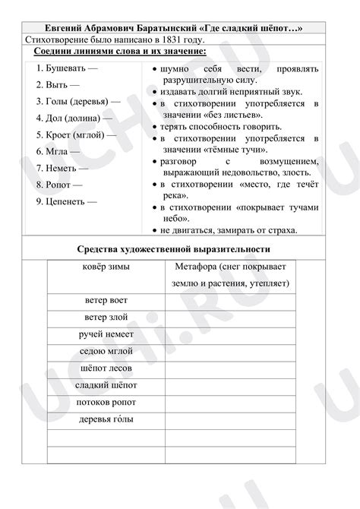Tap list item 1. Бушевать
coord(71,68)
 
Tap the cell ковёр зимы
coord(106,267)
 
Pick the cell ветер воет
coord(106,300)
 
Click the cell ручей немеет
coord(106,334)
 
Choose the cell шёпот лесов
coord(106,368)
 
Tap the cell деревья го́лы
coord(106,419)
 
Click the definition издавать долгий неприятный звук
coord(231,91)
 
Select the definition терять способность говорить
coord(221,126)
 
